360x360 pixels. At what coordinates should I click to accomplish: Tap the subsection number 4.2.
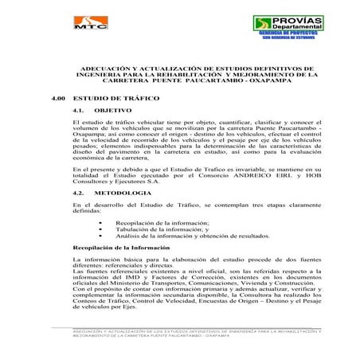pyautogui.click(x=78, y=194)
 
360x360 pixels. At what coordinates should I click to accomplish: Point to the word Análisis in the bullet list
pyautogui.click(x=129, y=237)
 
